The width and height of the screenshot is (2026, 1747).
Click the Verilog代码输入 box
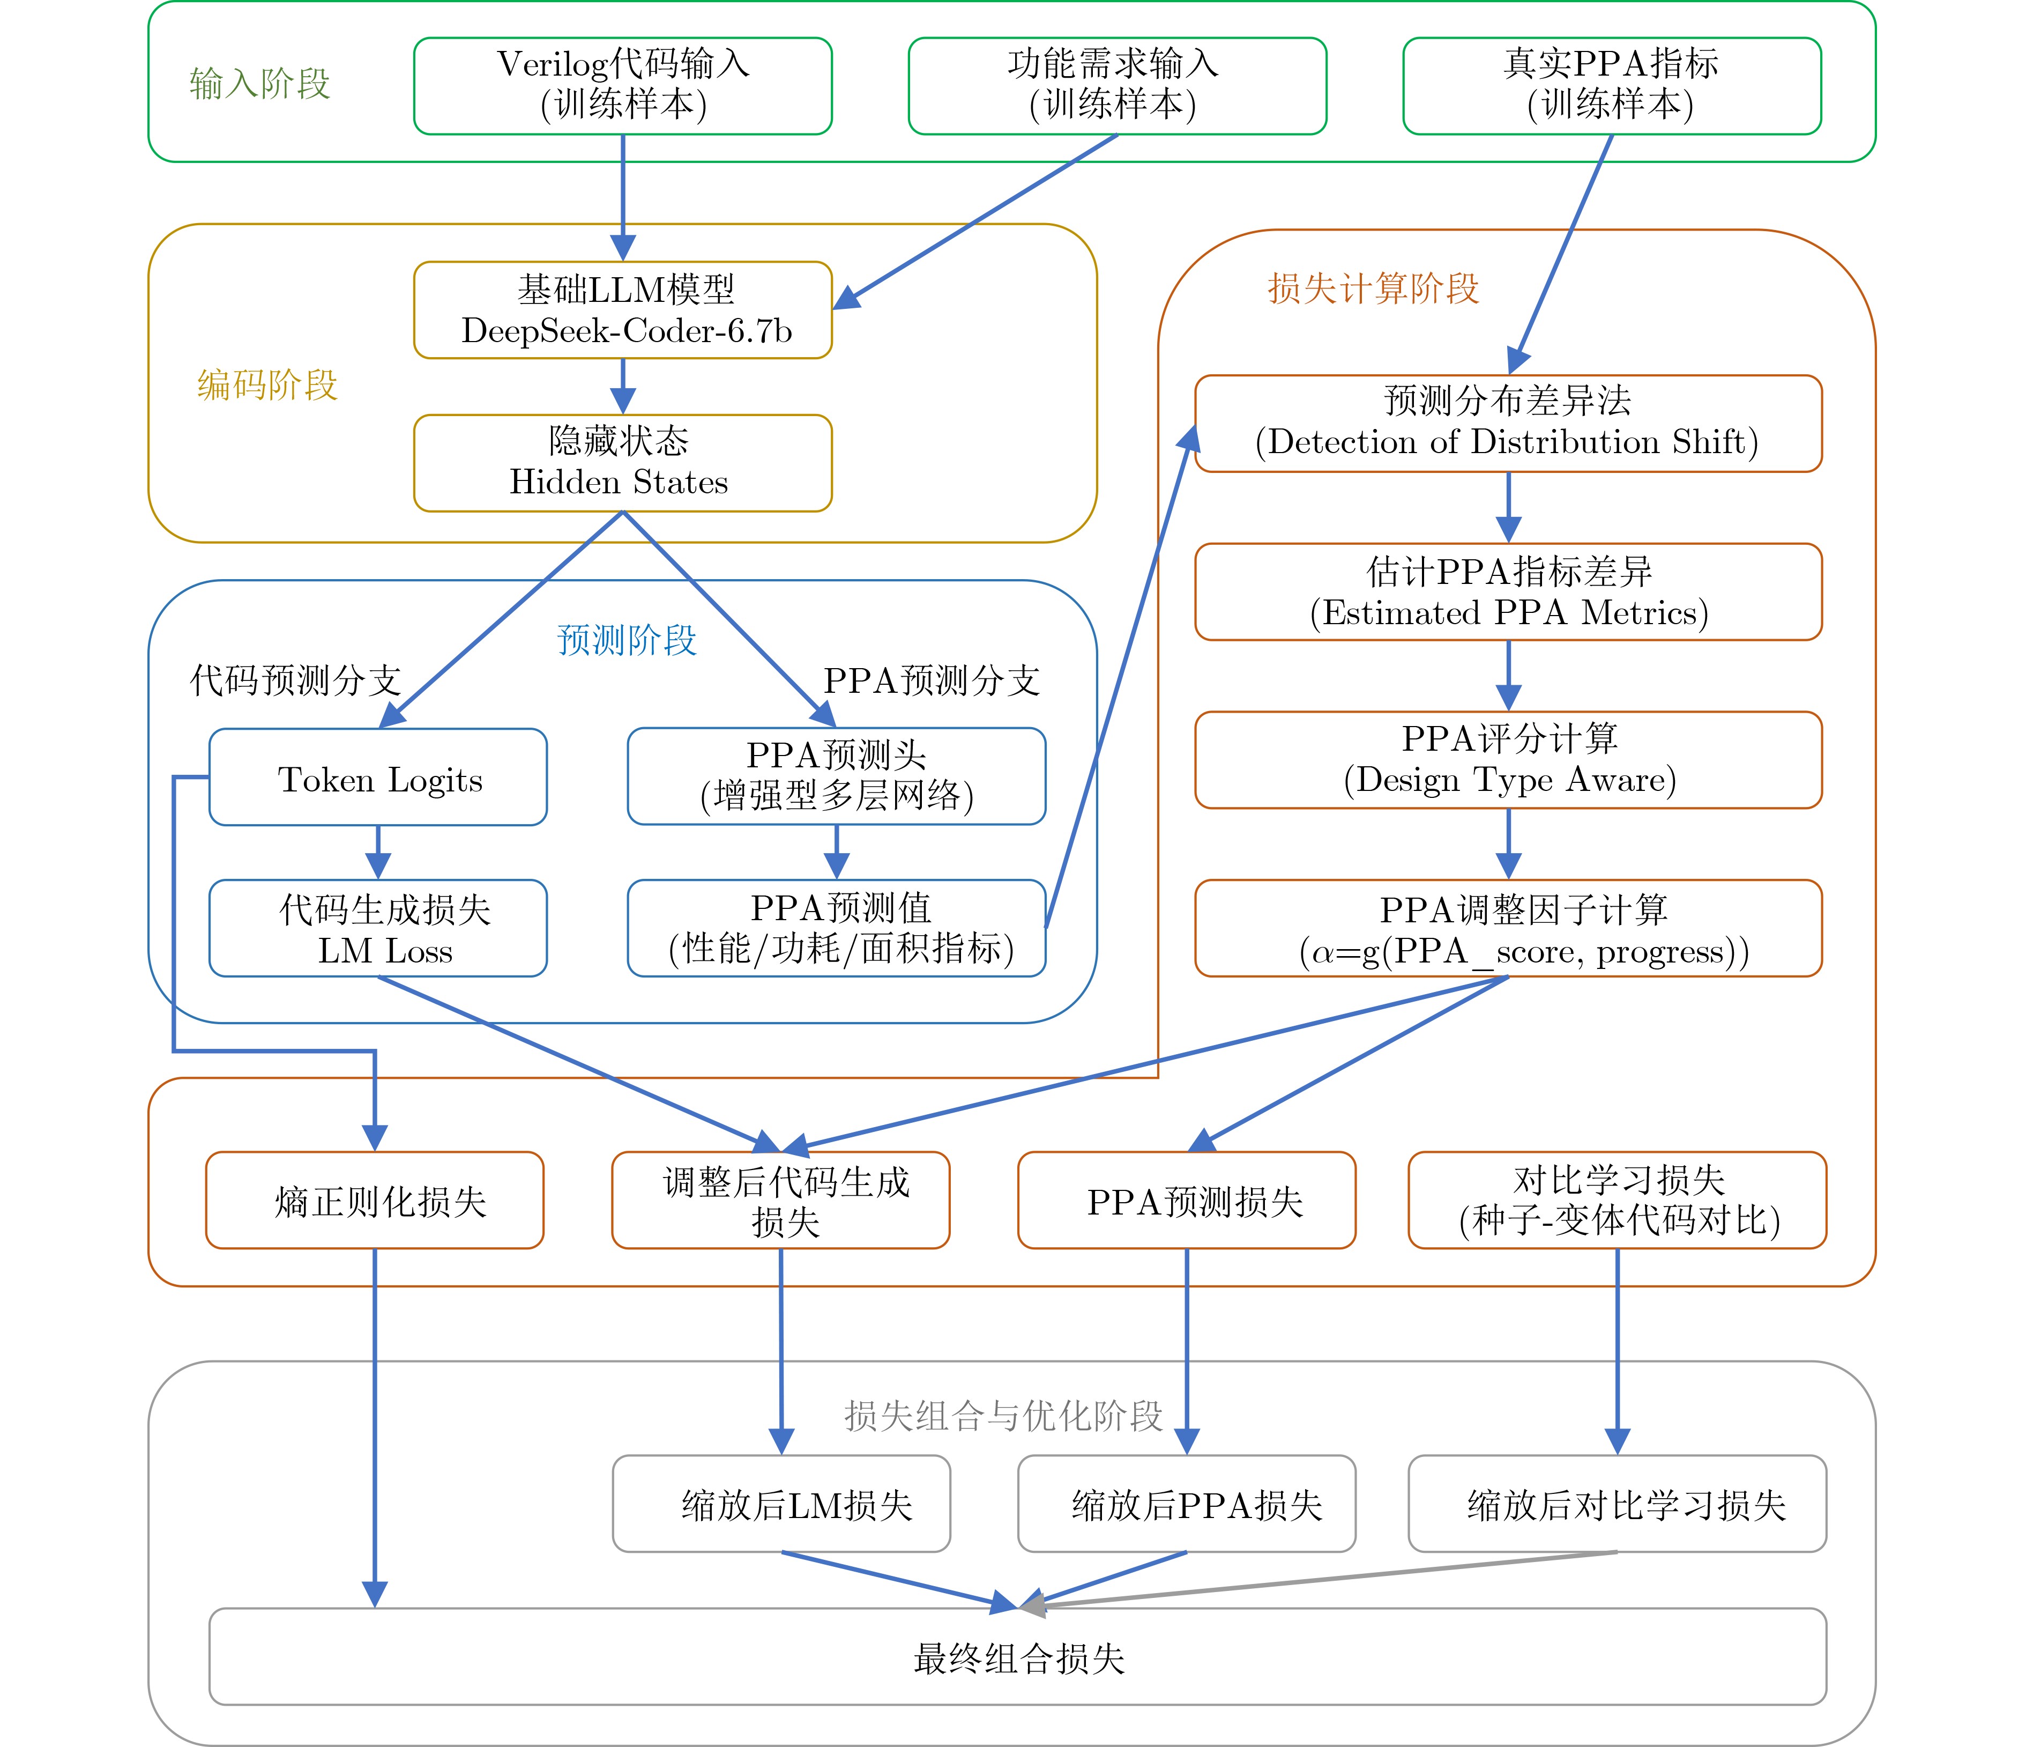point(623,85)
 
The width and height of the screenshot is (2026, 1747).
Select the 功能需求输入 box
point(1116,85)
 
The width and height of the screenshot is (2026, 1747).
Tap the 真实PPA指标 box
point(1611,85)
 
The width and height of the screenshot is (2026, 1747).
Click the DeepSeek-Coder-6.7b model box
point(623,310)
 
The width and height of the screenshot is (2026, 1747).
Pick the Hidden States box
point(623,463)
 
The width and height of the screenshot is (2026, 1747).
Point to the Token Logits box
point(378,778)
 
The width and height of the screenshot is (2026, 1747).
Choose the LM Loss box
point(378,928)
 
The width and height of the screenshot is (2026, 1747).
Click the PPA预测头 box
point(836,776)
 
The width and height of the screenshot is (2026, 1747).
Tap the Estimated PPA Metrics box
point(1508,592)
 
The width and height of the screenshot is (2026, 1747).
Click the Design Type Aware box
point(1508,760)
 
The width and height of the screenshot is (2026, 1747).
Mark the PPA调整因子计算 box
point(1508,928)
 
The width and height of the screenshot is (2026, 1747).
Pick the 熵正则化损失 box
point(375,1200)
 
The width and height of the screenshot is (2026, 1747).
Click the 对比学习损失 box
point(1617,1200)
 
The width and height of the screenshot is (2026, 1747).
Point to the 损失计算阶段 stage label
point(1373,288)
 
